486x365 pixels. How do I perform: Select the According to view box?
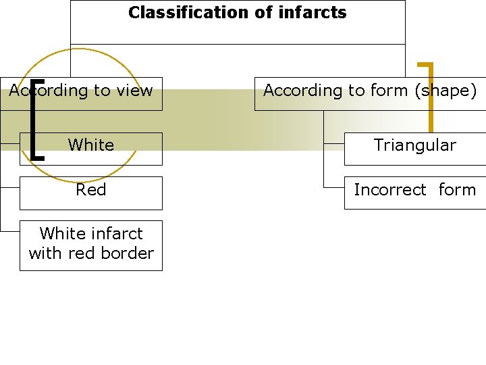coord(81,91)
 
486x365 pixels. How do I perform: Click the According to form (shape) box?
coord(369,91)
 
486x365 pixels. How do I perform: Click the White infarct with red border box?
coord(91,244)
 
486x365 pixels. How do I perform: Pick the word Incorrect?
coord(390,190)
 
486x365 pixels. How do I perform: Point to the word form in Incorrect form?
coord(457,190)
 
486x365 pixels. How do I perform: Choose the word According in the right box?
coord(296,91)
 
